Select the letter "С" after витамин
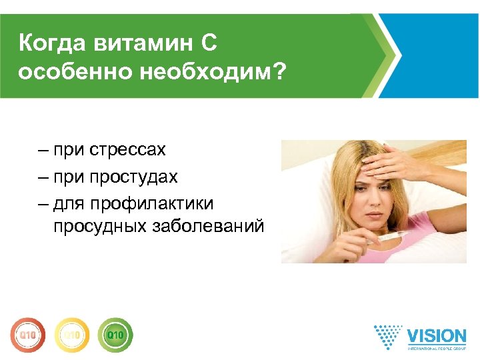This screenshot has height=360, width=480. click(x=208, y=45)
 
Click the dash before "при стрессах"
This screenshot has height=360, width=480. click(x=43, y=150)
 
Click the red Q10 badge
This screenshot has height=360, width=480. click(x=27, y=333)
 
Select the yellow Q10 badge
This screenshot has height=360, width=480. click(x=71, y=333)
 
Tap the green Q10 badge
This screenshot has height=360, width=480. click(x=115, y=333)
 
